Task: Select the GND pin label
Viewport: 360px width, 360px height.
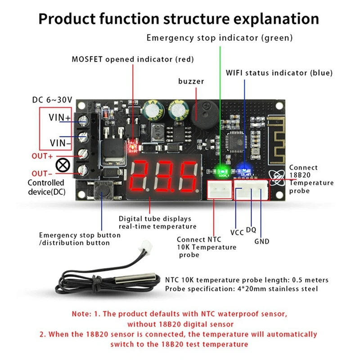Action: pos(261,242)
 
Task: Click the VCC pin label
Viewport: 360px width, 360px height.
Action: pos(237,233)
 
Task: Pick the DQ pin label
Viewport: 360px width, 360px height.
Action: pos(251,230)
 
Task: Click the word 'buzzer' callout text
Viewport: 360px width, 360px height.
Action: pos(191,81)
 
